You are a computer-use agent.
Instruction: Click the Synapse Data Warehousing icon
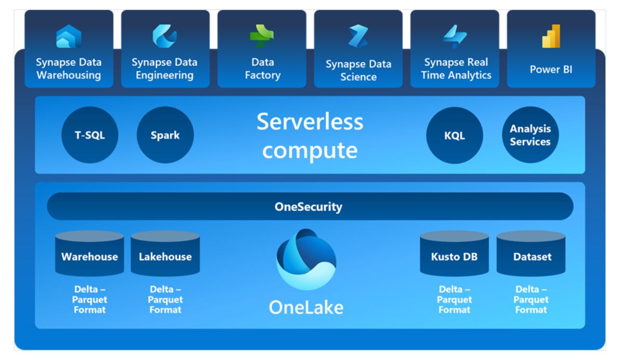pyautogui.click(x=69, y=37)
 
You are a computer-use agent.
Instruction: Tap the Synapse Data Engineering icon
pyautogui.click(x=165, y=36)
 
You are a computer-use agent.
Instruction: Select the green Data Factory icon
pyautogui.click(x=261, y=36)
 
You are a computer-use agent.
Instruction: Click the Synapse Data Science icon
pyautogui.click(x=358, y=37)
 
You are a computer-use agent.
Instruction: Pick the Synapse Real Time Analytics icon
pyautogui.click(x=455, y=37)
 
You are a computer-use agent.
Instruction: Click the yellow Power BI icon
pyautogui.click(x=551, y=36)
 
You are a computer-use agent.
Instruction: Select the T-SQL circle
pyautogui.click(x=90, y=135)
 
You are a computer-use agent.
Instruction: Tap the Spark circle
pyautogui.click(x=165, y=135)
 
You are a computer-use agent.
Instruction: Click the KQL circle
pyautogui.click(x=455, y=136)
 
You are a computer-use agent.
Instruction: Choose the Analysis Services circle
pyautogui.click(x=530, y=135)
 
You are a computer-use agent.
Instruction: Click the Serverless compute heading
pyautogui.click(x=310, y=136)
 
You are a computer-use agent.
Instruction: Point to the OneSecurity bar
pyautogui.click(x=310, y=207)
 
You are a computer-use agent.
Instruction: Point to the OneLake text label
pyautogui.click(x=306, y=308)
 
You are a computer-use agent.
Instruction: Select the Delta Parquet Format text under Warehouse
pyautogui.click(x=89, y=300)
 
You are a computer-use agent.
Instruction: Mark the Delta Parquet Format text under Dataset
pyautogui.click(x=531, y=300)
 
